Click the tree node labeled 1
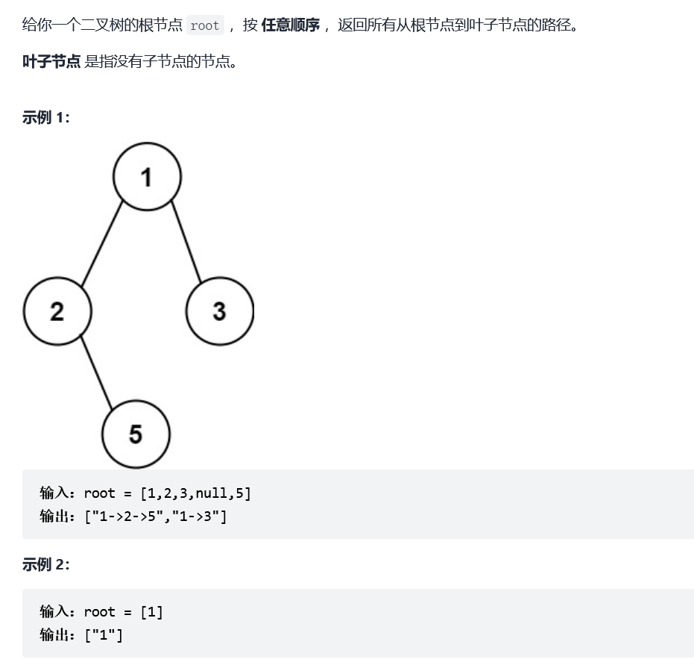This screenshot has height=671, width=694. tap(146, 177)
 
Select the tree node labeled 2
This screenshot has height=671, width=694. tap(57, 310)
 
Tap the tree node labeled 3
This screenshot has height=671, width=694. tap(219, 310)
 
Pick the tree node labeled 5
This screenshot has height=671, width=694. tap(136, 434)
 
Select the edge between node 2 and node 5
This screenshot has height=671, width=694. tap(97, 372)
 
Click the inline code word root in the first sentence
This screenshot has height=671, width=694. tap(204, 25)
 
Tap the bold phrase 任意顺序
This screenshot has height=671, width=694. tap(290, 25)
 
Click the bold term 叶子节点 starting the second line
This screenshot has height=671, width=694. tap(51, 61)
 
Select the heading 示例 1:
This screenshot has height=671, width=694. tap(45, 117)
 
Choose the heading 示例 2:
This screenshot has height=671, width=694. tap(45, 564)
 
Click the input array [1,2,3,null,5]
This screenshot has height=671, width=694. tap(195, 493)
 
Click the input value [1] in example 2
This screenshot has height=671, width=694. tap(151, 612)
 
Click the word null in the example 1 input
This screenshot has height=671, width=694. tap(212, 493)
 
